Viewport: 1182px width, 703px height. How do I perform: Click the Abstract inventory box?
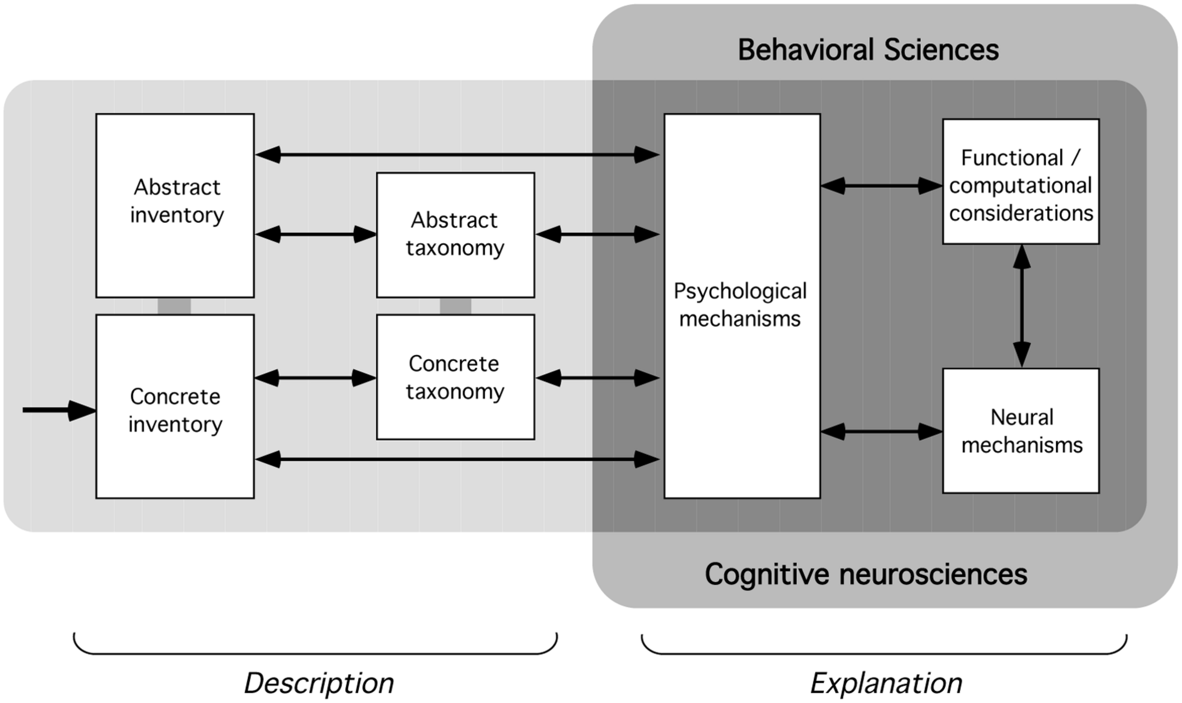[175, 205]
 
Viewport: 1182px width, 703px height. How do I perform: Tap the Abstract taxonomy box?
[455, 234]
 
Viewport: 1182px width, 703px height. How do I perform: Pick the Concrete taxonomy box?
[455, 377]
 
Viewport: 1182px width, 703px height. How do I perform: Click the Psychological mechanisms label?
[740, 305]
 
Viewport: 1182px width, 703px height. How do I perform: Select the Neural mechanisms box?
[1020, 430]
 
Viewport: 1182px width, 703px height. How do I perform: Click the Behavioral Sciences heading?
[868, 50]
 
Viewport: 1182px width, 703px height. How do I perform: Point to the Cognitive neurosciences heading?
[865, 574]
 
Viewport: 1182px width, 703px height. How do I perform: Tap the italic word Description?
[319, 683]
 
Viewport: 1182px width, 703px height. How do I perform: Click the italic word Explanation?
[886, 683]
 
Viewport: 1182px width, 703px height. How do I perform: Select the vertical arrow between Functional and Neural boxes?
[1021, 306]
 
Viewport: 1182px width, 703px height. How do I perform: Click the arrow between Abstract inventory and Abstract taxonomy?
[315, 234]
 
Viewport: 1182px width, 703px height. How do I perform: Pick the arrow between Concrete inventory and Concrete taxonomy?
[315, 378]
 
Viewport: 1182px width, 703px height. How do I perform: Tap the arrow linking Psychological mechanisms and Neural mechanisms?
[881, 431]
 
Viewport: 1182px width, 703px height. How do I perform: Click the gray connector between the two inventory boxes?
[174, 306]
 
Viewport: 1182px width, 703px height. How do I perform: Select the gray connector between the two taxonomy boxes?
[455, 306]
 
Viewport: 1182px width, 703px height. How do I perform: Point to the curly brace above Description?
[315, 650]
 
